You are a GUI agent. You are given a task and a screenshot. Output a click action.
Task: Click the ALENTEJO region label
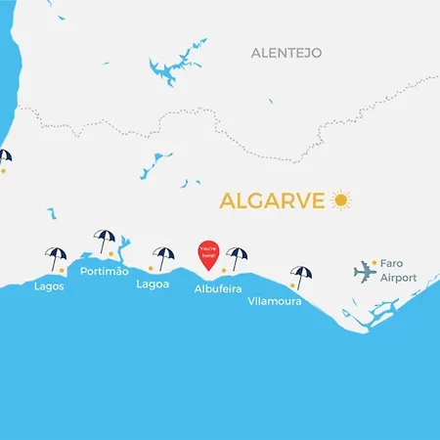click(286, 52)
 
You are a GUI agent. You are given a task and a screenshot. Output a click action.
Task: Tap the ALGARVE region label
click(273, 201)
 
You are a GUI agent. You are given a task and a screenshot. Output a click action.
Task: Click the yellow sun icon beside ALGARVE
click(340, 199)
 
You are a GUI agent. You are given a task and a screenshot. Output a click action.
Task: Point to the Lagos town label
click(49, 286)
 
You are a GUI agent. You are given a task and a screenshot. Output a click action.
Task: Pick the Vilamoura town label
click(274, 302)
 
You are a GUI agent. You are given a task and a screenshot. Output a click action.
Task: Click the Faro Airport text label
click(398, 271)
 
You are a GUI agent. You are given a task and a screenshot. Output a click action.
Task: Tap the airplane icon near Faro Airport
click(365, 270)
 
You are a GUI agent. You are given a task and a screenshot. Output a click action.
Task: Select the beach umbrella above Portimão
click(104, 240)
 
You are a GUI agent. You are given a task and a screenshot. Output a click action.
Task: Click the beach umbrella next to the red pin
click(237, 256)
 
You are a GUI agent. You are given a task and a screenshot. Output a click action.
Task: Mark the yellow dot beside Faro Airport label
click(374, 263)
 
